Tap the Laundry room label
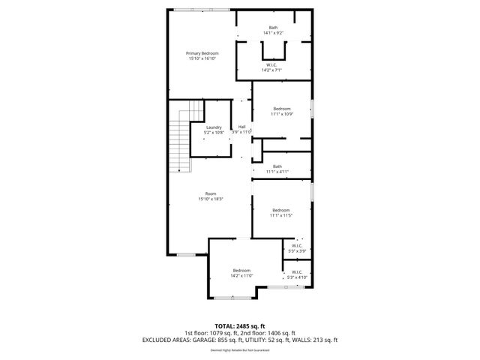click(x=214, y=127)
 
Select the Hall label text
click(x=241, y=127)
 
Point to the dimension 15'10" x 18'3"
click(x=211, y=199)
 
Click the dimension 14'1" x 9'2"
click(x=273, y=33)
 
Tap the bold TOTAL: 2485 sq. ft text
click(x=240, y=326)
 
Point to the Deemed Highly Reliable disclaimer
click(x=240, y=349)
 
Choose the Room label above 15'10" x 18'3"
click(x=211, y=193)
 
